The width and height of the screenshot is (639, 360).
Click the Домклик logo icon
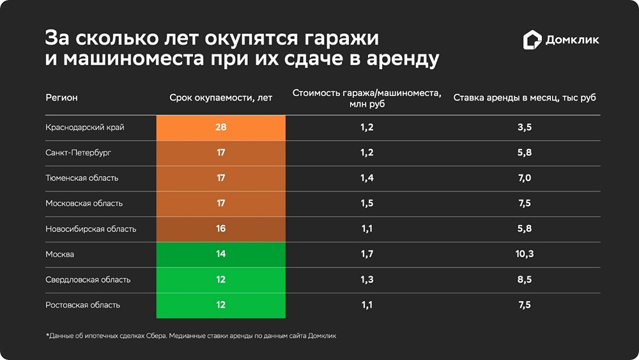[532, 40]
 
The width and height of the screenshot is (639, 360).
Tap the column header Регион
[61, 98]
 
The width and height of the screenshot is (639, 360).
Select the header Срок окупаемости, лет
[220, 98]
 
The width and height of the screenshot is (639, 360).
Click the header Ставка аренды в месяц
[525, 98]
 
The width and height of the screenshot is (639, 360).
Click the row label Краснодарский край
[85, 127]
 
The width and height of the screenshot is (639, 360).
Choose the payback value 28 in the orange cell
[221, 127]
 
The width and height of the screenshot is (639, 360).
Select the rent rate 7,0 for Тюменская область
[524, 178]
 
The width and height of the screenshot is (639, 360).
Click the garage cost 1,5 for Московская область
[366, 203]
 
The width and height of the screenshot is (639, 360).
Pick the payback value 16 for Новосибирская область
[221, 229]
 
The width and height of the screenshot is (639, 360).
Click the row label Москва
[60, 254]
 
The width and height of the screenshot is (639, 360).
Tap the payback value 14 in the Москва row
[221, 254]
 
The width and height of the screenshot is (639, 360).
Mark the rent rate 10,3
[524, 254]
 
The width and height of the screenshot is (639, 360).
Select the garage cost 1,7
[366, 254]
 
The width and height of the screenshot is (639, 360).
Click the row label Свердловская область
[88, 279]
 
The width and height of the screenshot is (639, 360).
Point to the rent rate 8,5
[524, 279]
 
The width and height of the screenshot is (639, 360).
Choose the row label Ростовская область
[82, 305]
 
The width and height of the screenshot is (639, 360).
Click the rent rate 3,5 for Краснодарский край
[524, 127]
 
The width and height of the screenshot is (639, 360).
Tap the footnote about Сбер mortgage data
[190, 336]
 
